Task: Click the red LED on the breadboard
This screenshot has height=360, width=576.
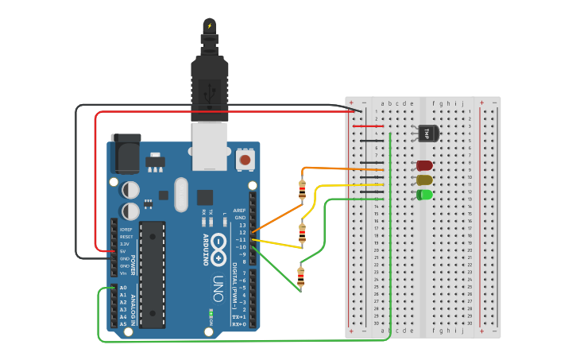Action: pyautogui.click(x=424, y=166)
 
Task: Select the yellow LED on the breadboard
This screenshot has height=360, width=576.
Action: pyautogui.click(x=424, y=180)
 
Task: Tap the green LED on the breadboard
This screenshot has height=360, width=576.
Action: pyautogui.click(x=424, y=195)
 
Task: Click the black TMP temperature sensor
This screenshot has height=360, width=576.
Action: pyautogui.click(x=427, y=133)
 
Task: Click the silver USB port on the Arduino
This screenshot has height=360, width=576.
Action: pyautogui.click(x=210, y=145)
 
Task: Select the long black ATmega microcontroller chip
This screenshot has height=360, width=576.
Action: pyautogui.click(x=153, y=274)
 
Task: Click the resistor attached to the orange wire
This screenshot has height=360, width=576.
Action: pyautogui.click(x=302, y=190)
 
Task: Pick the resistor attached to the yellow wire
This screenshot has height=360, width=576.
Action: pyautogui.click(x=302, y=233)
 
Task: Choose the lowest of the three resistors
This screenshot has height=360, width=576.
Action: pyautogui.click(x=300, y=277)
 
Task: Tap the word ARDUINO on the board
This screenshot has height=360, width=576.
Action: pyautogui.click(x=204, y=250)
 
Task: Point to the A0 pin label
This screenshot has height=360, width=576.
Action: pyautogui.click(x=123, y=288)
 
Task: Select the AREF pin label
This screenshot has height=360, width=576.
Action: pyautogui.click(x=239, y=211)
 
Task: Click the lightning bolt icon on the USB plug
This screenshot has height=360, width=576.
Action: pyautogui.click(x=210, y=26)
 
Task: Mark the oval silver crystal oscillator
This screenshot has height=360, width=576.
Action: pyautogui.click(x=181, y=195)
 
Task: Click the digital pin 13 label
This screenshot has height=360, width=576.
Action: pyautogui.click(x=242, y=225)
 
